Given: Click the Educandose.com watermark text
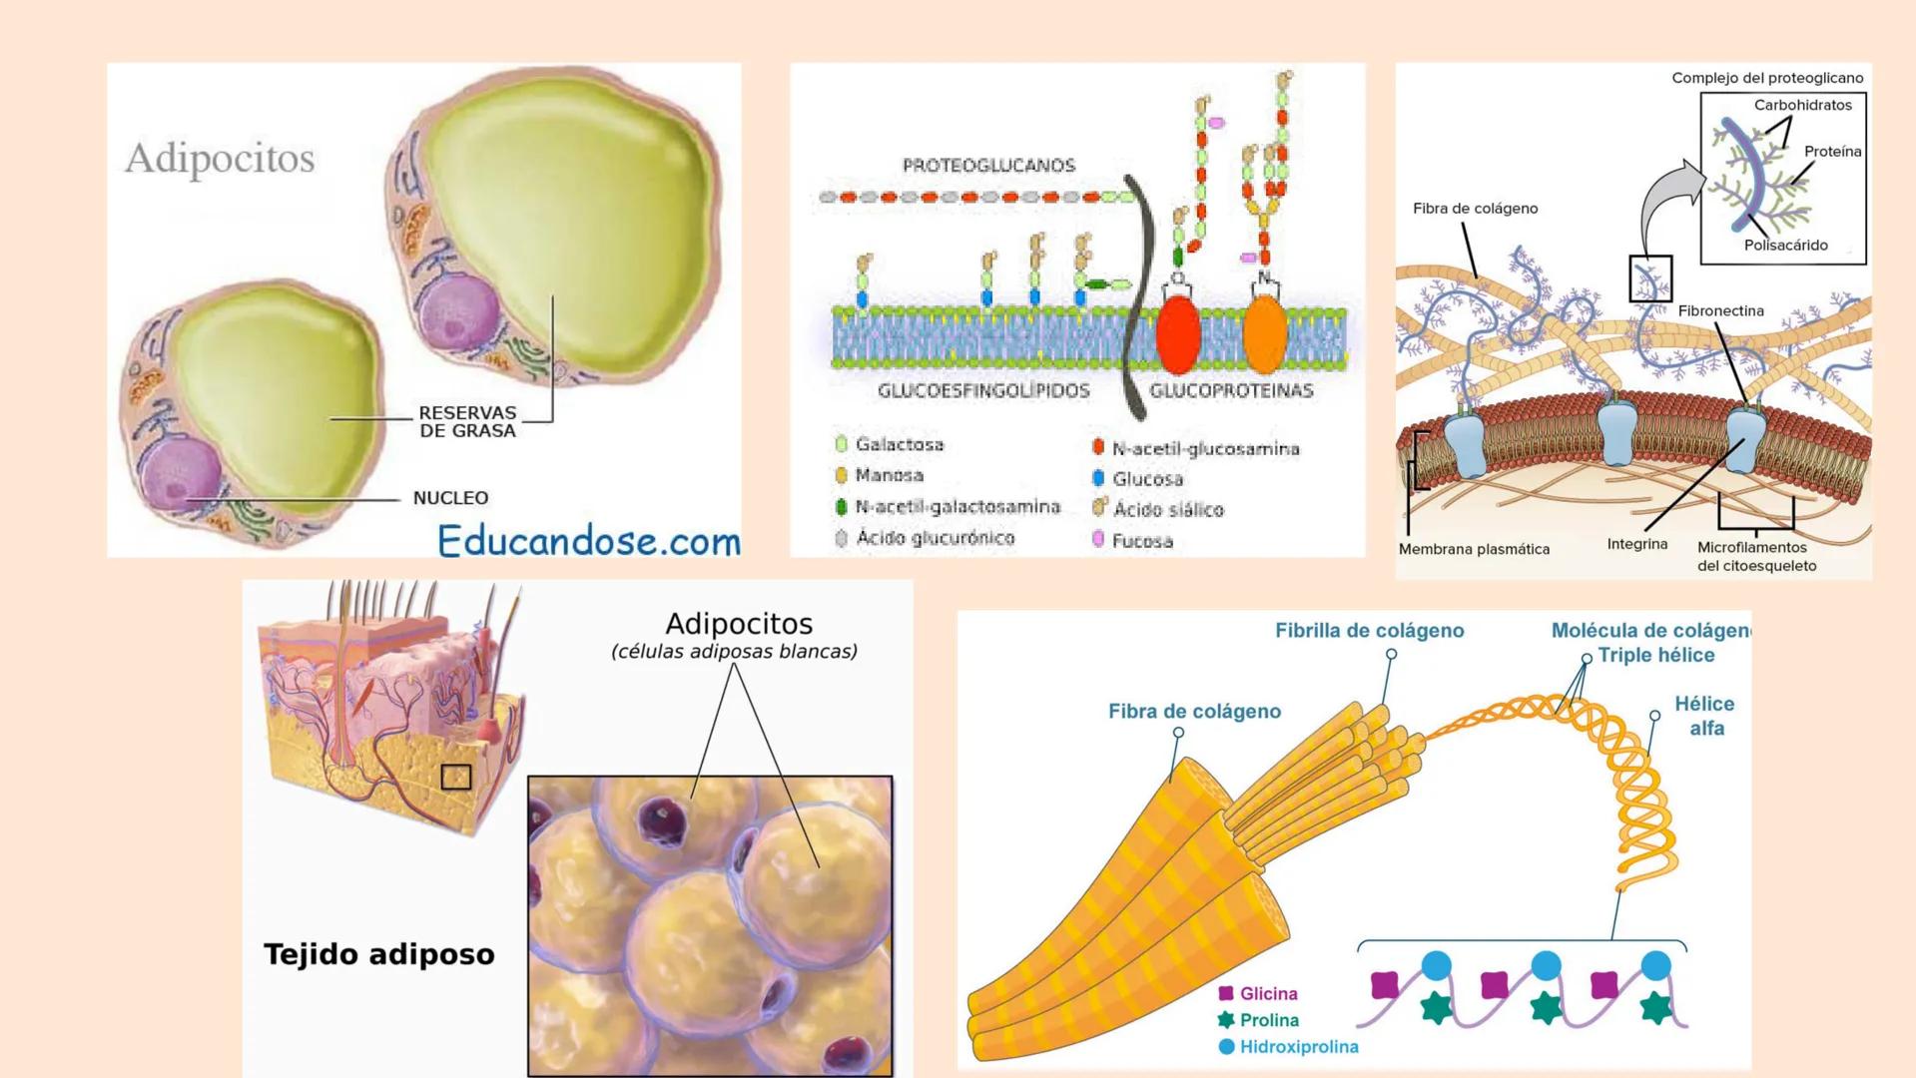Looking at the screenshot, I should (588, 541).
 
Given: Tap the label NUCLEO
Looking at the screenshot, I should (450, 498).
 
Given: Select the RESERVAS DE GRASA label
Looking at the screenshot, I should (467, 421).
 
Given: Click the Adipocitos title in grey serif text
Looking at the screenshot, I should (220, 158).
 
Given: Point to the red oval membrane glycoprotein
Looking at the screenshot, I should (1177, 335).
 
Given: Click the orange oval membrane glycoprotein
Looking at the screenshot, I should (1265, 335).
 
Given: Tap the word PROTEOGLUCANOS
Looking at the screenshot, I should (988, 166).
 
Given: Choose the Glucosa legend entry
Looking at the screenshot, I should (1147, 479).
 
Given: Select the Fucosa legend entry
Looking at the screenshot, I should (1141, 541).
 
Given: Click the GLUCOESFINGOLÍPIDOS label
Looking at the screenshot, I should (983, 391).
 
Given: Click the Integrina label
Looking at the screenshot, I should (1637, 544).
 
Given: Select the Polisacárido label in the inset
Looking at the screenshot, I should (1785, 246).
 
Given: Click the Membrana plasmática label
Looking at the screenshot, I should (1474, 549).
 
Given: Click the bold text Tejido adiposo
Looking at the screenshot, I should (379, 954).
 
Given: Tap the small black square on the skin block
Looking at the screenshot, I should (456, 777).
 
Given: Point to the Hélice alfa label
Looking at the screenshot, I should (1704, 716).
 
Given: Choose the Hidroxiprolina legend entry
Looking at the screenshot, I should (1298, 1047).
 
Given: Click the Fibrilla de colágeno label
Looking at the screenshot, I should (1369, 631).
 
